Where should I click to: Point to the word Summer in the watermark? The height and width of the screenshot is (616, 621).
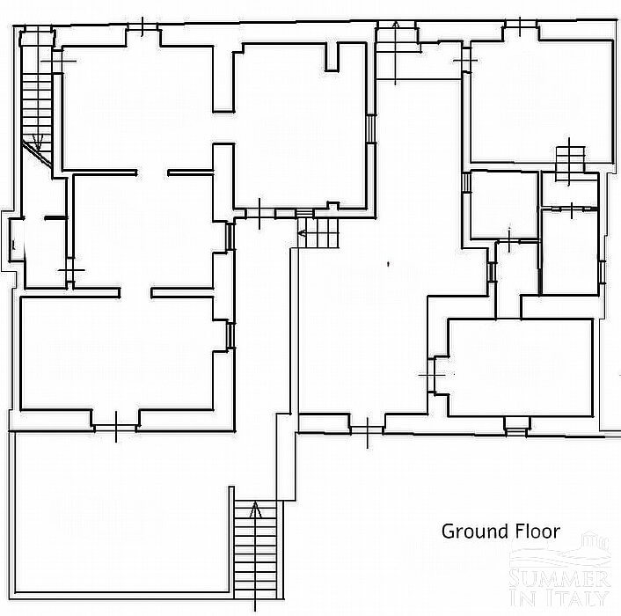[559, 579]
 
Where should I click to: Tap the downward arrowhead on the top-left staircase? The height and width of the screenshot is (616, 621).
[39, 142]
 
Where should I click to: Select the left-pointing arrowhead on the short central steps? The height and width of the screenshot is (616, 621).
[303, 233]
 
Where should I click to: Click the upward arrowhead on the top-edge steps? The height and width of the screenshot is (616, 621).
[395, 26]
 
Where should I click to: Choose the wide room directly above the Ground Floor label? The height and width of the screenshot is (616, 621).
[520, 367]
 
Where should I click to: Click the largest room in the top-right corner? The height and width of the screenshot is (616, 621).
[541, 101]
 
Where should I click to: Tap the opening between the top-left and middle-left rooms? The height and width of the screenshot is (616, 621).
[152, 172]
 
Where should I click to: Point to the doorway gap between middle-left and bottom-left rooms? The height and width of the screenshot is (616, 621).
[135, 293]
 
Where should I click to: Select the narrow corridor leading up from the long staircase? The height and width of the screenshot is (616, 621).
[263, 356]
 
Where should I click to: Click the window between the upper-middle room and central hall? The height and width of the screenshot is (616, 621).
[370, 128]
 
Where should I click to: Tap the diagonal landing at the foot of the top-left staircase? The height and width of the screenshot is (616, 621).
[37, 154]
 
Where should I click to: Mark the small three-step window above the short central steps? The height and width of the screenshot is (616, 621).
[304, 213]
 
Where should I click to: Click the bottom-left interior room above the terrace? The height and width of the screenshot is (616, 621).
[117, 354]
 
